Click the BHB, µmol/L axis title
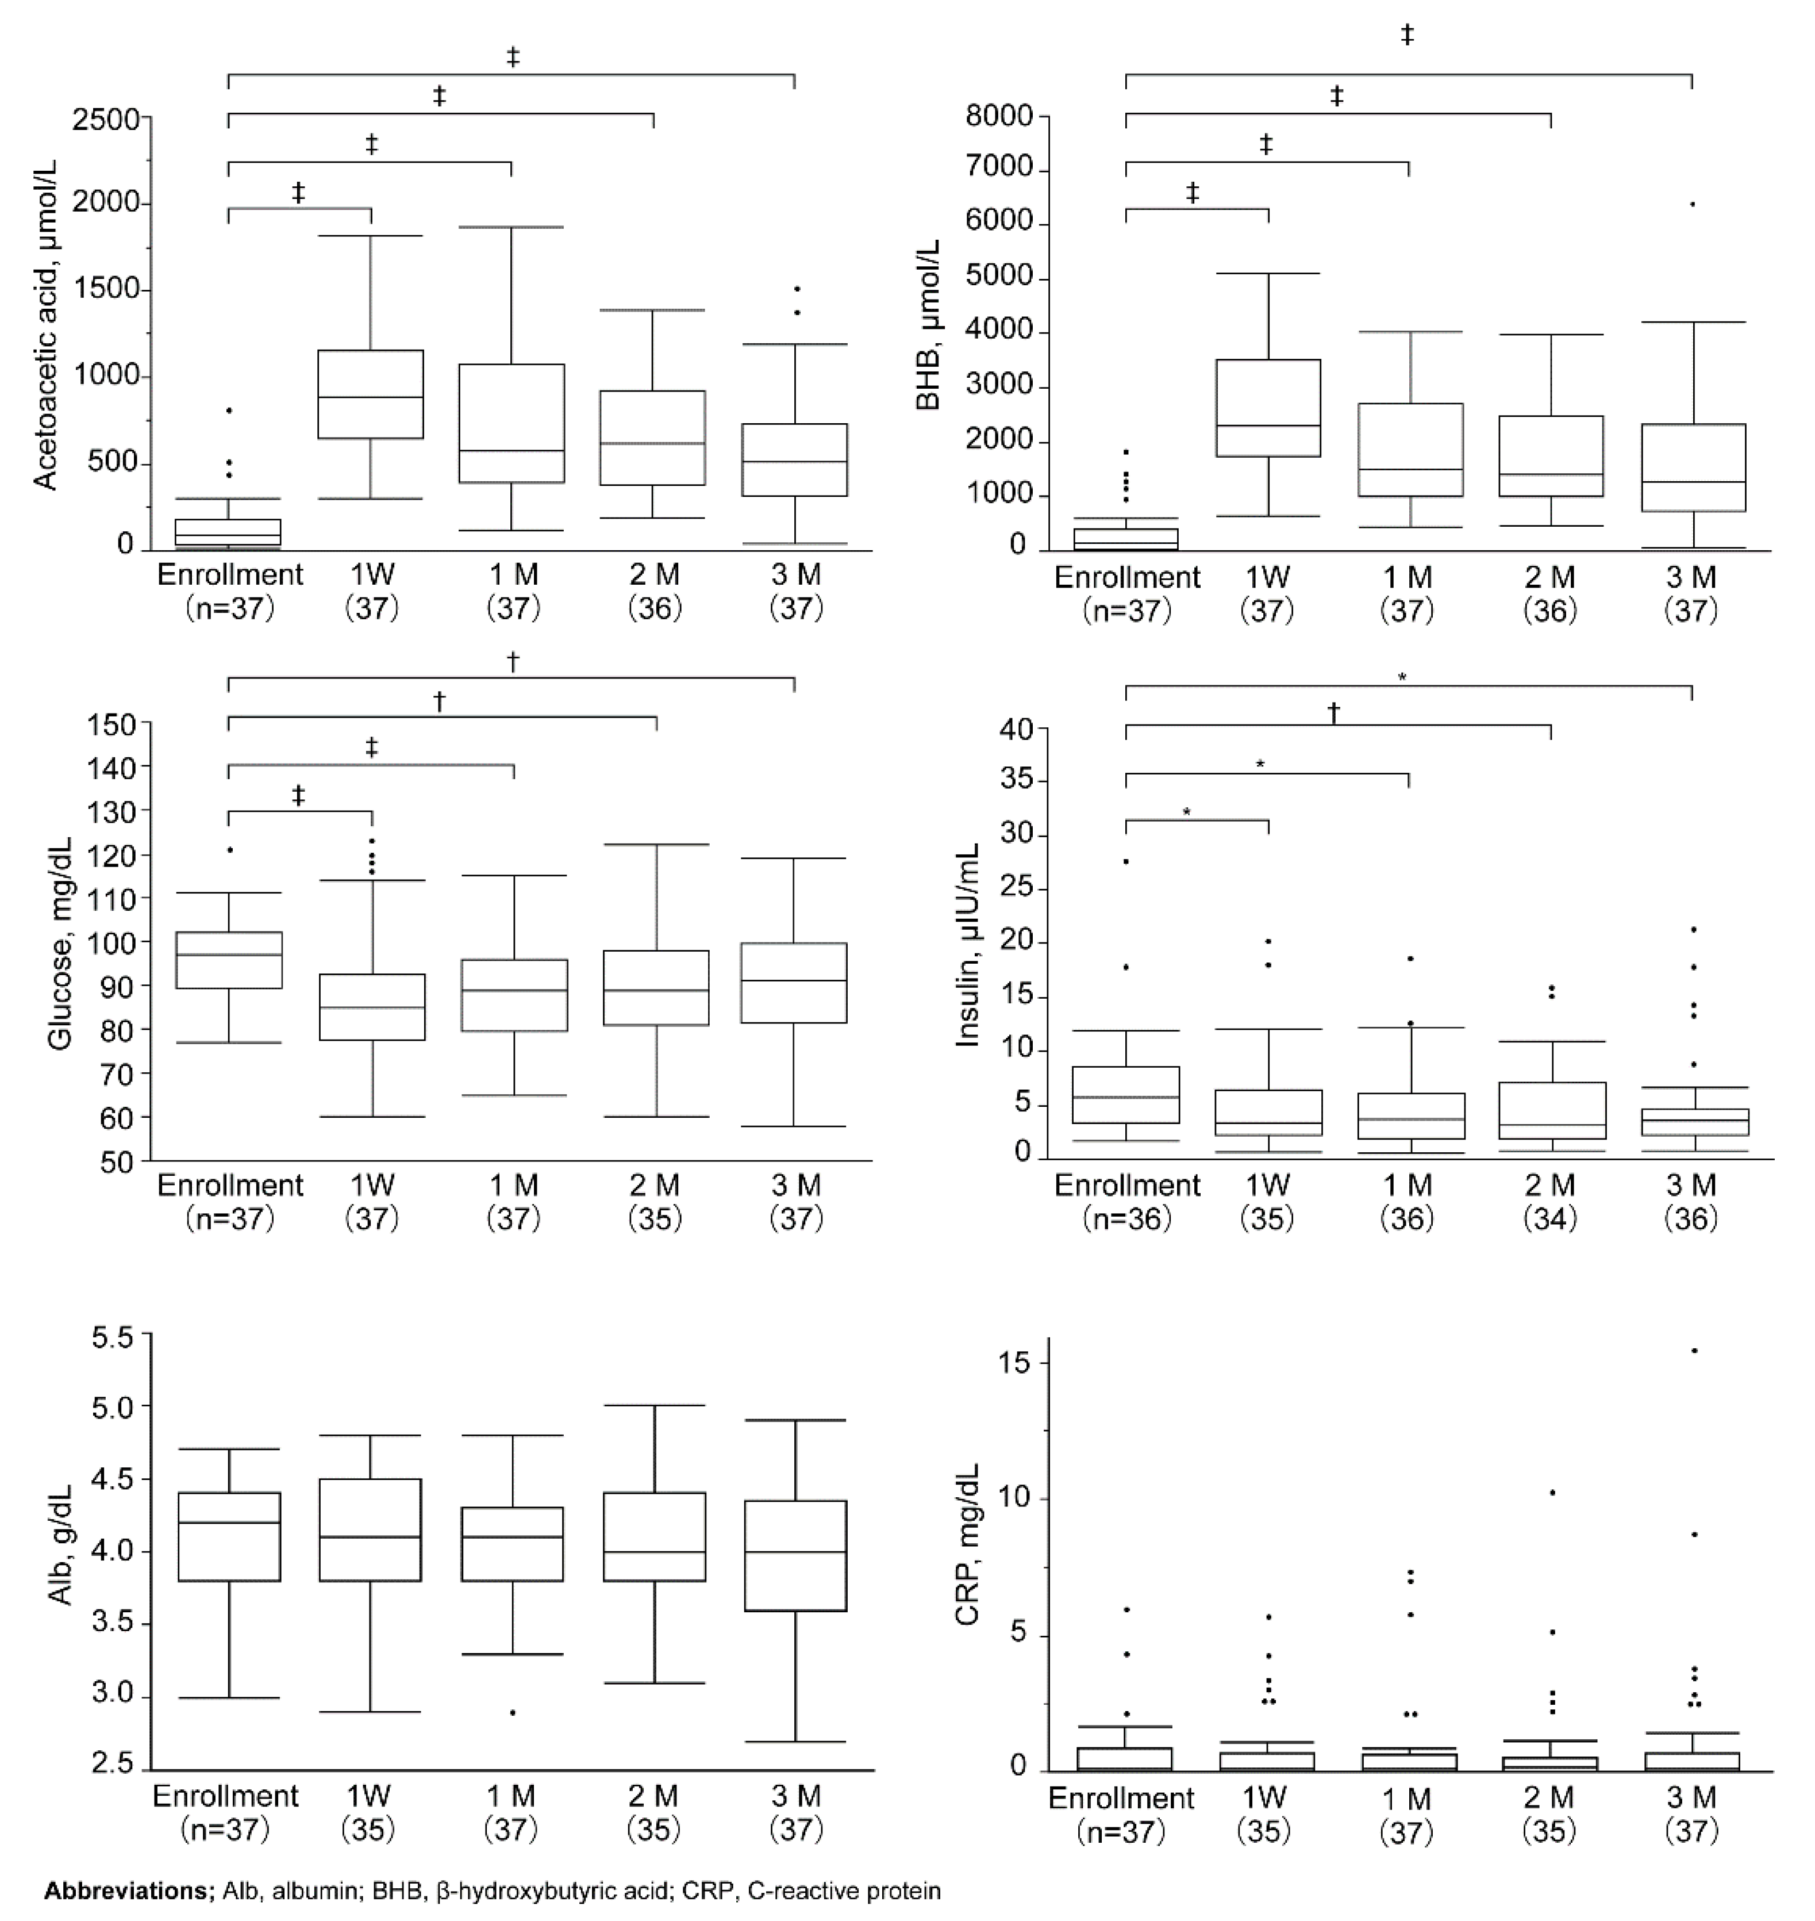click(x=929, y=325)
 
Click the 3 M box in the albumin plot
click(x=795, y=1555)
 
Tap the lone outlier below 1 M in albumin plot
click(x=513, y=1713)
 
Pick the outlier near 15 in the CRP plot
click(x=1693, y=1350)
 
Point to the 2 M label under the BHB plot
click(x=1550, y=578)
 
